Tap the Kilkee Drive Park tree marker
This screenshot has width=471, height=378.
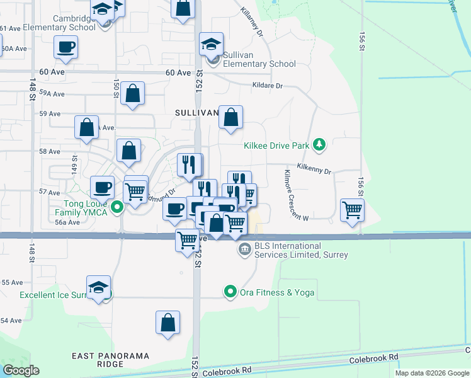coord(320,146)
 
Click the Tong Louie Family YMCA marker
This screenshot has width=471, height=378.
coord(116,207)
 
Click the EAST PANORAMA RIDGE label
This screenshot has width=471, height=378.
coord(111,356)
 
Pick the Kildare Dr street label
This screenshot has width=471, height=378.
coord(267,86)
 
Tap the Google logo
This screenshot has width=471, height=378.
coord(21,370)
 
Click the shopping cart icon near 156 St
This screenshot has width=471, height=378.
coord(352,210)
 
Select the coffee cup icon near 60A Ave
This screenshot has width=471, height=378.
coord(65,47)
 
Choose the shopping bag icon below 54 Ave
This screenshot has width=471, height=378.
coord(168,322)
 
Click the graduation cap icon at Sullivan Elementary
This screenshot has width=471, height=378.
coord(212,44)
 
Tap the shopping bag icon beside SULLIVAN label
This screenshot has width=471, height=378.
coord(231,117)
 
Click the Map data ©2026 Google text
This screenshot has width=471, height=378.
coord(432,373)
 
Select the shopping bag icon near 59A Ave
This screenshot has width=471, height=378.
coord(133,94)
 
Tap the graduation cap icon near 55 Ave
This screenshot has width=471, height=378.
coord(99,288)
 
